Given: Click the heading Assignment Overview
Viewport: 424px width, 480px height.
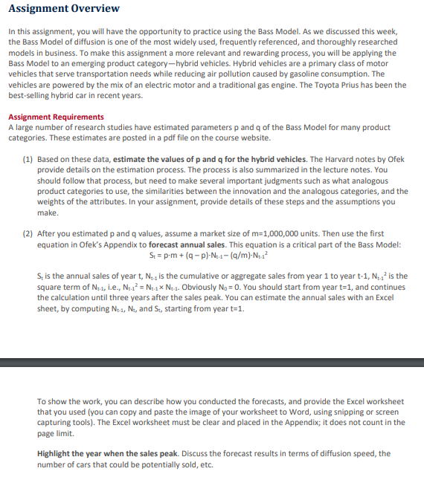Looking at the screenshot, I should pyautogui.click(x=63, y=9).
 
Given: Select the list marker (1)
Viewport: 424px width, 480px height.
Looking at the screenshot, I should pyautogui.click(x=27, y=159).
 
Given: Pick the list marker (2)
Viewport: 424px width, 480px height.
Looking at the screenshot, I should pyautogui.click(x=27, y=233).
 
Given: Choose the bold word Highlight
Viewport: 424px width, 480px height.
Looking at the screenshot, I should pyautogui.click(x=57, y=453).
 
